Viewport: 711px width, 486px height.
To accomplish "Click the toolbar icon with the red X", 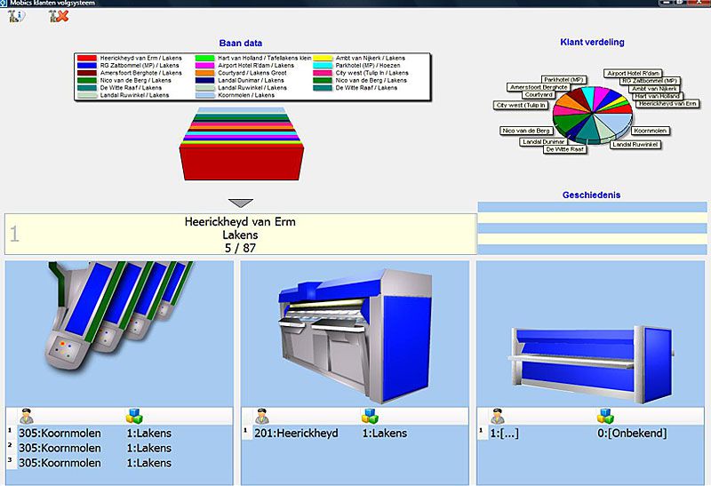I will click(x=60, y=16).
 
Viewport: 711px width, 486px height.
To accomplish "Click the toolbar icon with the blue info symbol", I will click(x=16, y=16).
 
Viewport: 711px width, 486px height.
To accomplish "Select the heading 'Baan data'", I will click(x=240, y=43).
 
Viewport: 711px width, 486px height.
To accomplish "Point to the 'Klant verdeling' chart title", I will click(x=594, y=42).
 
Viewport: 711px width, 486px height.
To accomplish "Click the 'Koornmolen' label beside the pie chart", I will click(x=650, y=131).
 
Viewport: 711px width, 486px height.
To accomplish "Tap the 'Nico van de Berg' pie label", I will click(x=525, y=131).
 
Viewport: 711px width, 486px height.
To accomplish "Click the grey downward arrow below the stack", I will click(x=241, y=203).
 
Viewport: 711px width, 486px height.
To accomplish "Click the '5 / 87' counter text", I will click(x=240, y=248).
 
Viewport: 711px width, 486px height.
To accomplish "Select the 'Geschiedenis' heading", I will click(x=591, y=195).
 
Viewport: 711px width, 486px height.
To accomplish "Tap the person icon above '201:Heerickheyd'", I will click(x=261, y=416).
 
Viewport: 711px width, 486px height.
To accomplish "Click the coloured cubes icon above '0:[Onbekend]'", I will click(x=605, y=416).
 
